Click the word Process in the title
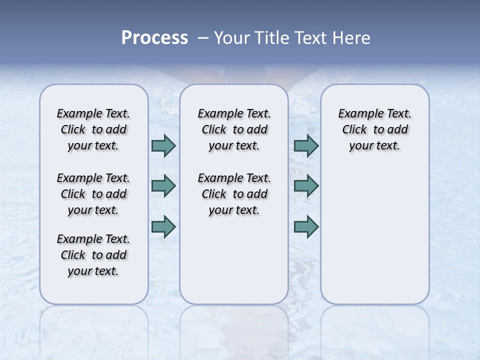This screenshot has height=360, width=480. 154,38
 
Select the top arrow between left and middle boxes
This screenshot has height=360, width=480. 163,145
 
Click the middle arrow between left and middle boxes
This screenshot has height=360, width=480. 163,186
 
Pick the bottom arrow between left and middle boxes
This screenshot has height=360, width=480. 163,226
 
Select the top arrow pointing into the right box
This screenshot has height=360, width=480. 306,145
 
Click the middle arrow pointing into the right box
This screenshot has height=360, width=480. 306,186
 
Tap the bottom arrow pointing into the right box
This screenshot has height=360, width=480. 306,226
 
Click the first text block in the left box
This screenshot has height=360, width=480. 93,129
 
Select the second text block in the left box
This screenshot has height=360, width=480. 93,194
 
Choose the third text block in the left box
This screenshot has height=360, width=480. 93,255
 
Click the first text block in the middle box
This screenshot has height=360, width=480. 234,129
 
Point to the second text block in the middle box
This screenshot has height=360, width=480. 234,194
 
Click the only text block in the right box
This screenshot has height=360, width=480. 375,129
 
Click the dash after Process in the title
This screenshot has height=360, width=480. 203,38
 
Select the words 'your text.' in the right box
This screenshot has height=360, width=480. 375,146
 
